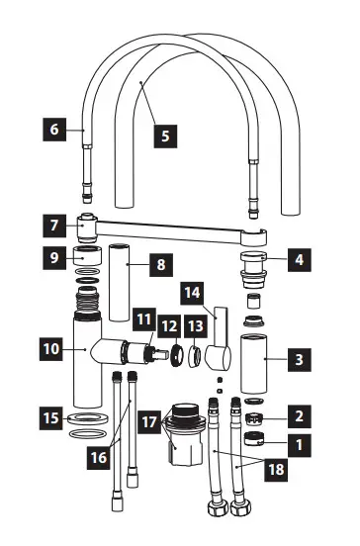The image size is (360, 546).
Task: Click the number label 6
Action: [54, 128]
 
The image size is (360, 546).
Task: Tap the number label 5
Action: [165, 135]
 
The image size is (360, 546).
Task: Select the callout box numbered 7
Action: [54, 225]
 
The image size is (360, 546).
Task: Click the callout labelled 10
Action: [50, 348]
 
